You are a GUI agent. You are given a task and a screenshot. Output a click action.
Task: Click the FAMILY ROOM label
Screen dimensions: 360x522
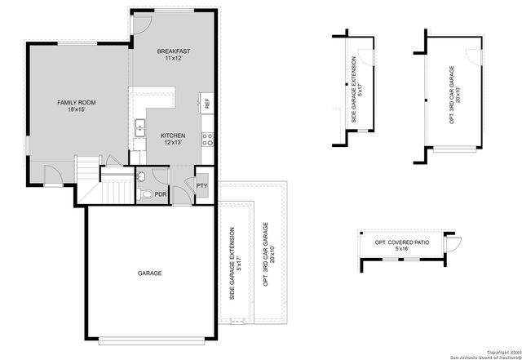[x=77, y=102]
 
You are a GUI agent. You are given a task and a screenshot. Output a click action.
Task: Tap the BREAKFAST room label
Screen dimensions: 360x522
[x=172, y=51]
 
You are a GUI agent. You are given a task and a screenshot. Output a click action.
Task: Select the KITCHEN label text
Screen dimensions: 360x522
[x=172, y=136]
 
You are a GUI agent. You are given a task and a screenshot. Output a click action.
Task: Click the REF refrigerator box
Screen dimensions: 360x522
[x=207, y=104]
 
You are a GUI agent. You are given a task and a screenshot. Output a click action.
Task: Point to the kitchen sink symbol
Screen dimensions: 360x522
[x=139, y=127]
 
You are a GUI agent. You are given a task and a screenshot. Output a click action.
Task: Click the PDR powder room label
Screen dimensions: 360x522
[x=161, y=194]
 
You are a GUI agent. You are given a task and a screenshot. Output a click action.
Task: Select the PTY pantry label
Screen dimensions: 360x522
[x=202, y=186]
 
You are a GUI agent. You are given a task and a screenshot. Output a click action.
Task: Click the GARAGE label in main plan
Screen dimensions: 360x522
[x=149, y=273]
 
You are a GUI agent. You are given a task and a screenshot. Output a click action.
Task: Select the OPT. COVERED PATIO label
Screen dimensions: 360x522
[x=401, y=242]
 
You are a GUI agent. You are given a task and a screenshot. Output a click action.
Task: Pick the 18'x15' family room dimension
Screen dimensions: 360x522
[x=77, y=109]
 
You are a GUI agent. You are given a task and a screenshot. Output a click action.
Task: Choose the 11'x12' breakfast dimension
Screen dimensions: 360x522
[x=172, y=58]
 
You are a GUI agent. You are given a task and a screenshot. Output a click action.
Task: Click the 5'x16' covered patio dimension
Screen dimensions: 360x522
[x=401, y=250]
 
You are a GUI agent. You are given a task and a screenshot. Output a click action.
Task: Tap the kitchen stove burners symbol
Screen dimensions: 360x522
[x=208, y=138]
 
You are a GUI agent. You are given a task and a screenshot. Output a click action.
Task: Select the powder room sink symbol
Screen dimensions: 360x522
[x=140, y=176]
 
